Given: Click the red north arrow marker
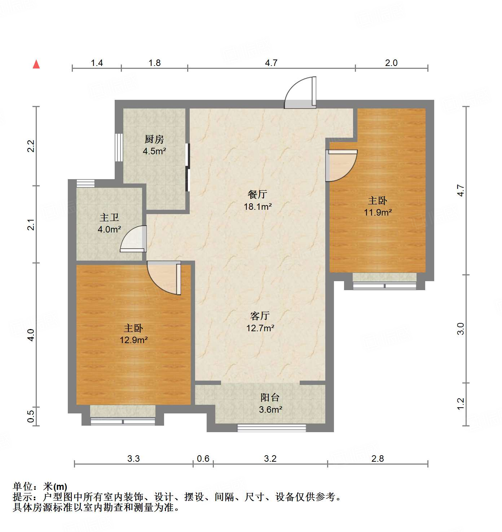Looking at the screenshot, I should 36,64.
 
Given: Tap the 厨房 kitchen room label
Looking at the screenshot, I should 154,139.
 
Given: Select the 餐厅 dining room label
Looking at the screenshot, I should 257,195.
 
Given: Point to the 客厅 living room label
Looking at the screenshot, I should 260,316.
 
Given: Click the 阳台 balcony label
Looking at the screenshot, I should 270,398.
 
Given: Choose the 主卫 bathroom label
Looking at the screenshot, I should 109,218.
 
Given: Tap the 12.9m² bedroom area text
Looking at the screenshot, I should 133,340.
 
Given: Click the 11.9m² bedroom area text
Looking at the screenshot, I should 378,213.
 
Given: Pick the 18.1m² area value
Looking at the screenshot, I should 257,207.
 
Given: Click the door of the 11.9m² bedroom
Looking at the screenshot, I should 340,165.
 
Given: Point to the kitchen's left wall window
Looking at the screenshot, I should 119,147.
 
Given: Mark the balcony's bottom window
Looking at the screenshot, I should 271,428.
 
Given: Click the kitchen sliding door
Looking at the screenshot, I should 187,167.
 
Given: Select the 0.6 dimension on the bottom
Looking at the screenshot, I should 203,458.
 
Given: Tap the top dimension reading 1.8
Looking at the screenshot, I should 154,63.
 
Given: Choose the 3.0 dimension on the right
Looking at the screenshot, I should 461,329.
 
